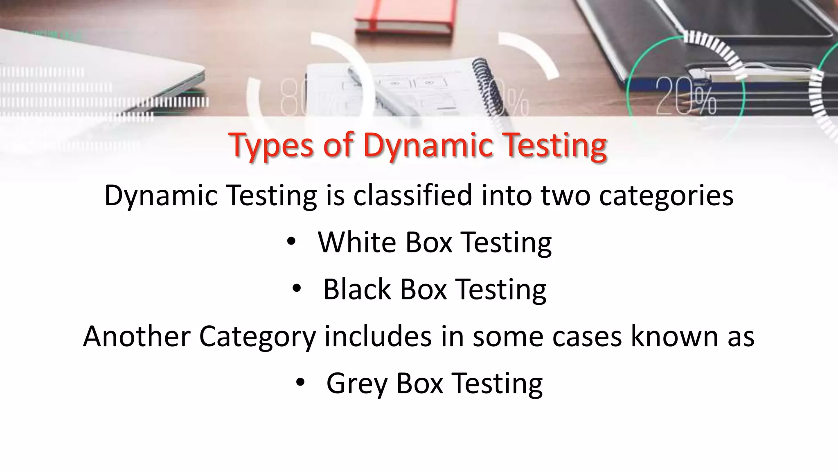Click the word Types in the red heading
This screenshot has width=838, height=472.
[x=271, y=145]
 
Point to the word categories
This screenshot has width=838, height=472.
[x=666, y=196]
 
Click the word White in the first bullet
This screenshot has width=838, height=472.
[x=357, y=242]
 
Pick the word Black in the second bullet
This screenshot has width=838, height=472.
[x=357, y=289]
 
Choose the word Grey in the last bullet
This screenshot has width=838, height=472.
[x=356, y=384]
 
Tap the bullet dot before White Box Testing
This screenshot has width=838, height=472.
[x=291, y=242]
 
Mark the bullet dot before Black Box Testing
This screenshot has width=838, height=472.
[x=296, y=289]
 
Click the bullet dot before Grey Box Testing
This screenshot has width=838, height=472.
[x=300, y=383]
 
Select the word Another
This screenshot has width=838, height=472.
[x=137, y=336]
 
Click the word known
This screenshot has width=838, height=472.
[x=674, y=336]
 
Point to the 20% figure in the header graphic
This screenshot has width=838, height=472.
[x=686, y=97]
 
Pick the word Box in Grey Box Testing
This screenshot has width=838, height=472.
[x=420, y=383]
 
